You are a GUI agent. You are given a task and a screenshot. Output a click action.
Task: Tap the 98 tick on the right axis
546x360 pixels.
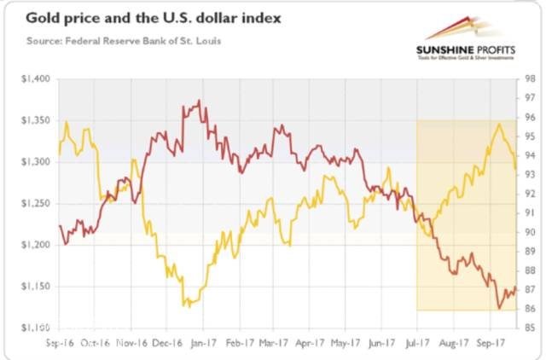click(529, 78)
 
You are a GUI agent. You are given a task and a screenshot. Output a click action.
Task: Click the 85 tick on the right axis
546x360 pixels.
click(529, 328)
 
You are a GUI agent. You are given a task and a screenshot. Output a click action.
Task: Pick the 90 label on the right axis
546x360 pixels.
click(529, 232)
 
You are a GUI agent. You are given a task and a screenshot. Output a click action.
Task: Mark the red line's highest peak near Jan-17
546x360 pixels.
click(199, 101)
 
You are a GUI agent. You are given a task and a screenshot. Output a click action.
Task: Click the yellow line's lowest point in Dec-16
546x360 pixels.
click(186, 305)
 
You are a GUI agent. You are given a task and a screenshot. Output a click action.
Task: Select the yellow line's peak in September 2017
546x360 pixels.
click(498, 125)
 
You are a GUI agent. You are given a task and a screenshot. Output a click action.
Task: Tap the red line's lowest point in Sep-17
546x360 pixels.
click(499, 308)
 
